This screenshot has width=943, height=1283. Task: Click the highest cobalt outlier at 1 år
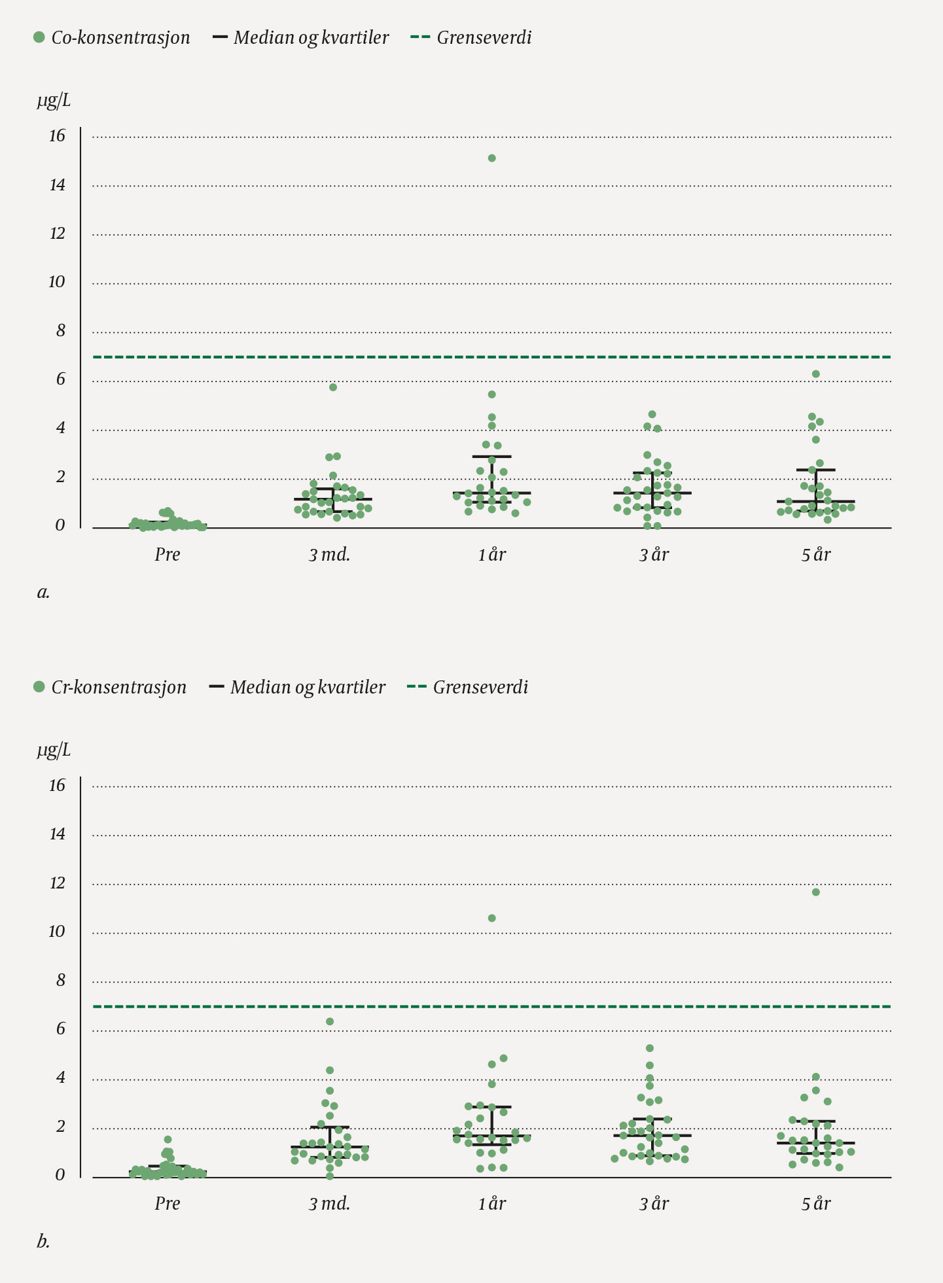click(492, 158)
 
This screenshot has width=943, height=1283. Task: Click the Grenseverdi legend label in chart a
click(484, 38)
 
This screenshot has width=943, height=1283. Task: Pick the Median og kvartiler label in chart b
click(308, 688)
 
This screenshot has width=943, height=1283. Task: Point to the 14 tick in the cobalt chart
click(58, 185)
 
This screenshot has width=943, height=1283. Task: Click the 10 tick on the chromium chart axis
click(58, 932)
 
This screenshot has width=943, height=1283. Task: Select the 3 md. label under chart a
click(330, 555)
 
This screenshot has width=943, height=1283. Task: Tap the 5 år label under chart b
click(815, 1204)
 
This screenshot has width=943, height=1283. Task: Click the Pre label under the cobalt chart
click(168, 555)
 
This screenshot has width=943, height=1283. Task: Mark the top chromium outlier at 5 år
click(816, 892)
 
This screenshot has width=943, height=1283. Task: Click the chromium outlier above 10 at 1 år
click(492, 919)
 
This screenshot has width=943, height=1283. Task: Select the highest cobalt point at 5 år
click(816, 374)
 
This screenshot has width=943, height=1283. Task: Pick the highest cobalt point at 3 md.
click(333, 387)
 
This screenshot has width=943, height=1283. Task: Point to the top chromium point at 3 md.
click(330, 1022)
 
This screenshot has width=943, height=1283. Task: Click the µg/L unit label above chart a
click(54, 101)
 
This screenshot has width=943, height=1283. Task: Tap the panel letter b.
click(43, 1242)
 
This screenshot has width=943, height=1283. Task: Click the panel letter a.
click(43, 593)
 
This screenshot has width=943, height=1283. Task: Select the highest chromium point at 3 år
click(650, 1049)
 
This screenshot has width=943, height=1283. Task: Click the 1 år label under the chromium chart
click(492, 1204)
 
